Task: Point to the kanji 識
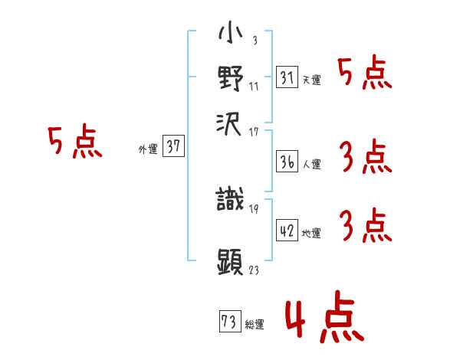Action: point(231,201)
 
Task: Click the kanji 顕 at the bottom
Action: point(231,260)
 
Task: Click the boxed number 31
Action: point(287,78)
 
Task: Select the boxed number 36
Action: point(287,161)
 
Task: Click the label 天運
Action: point(312,80)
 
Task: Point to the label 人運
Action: point(312,163)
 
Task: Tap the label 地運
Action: point(312,234)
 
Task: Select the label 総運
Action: point(255,325)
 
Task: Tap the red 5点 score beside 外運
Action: point(74,142)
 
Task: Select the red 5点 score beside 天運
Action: point(364,74)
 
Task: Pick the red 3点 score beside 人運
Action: point(364,158)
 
